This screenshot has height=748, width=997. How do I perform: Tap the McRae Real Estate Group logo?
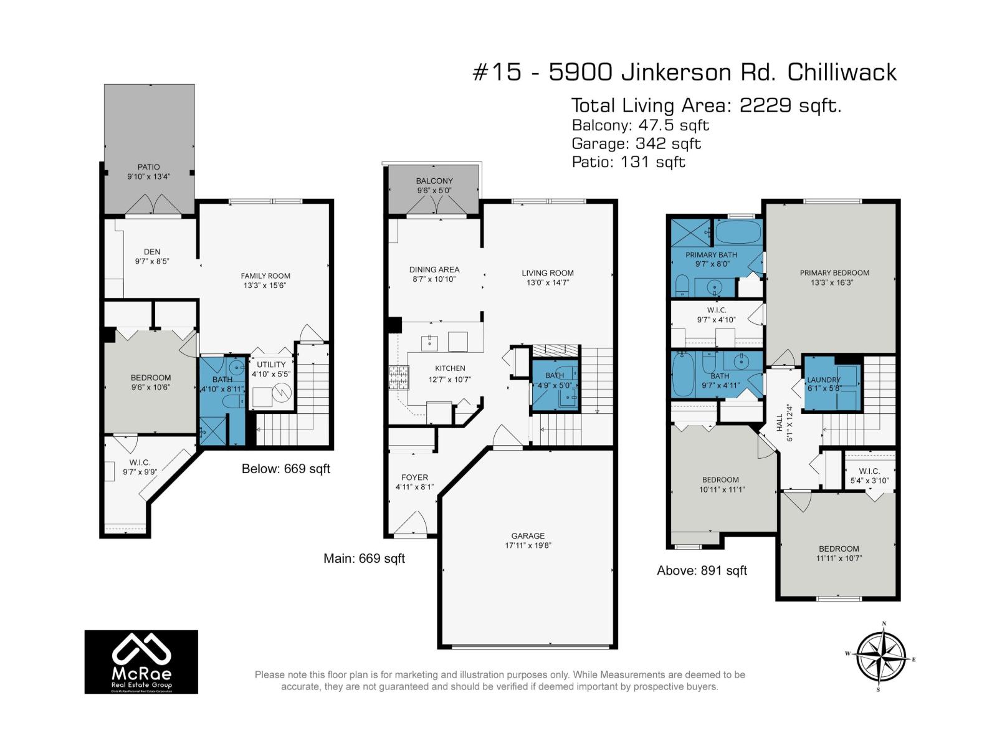(x=141, y=661)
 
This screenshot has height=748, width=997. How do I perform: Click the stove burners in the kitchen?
(x=398, y=377)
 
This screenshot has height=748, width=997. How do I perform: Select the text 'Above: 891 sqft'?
(x=702, y=570)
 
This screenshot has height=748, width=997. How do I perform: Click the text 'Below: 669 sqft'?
(x=285, y=469)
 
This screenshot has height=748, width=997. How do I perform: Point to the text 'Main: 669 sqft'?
(x=364, y=559)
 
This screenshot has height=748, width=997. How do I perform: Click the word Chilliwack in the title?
(x=842, y=72)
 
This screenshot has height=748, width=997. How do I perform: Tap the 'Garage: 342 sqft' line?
(x=636, y=144)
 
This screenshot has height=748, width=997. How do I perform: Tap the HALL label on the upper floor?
(x=779, y=423)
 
